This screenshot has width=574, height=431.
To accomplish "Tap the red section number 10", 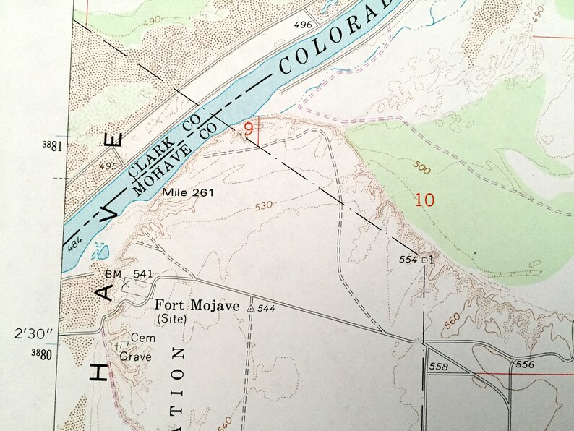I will pos(425,200).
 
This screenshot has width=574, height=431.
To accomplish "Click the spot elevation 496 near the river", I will pos(303,25).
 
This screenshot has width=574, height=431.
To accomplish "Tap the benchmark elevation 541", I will pos(142,273).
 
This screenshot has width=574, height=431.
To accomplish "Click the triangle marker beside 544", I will pos(250,308).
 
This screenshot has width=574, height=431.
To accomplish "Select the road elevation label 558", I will pos(439,367).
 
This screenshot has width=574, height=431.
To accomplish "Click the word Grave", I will pos(134,356).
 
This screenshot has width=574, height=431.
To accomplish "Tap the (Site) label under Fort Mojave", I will pos(171,317).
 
